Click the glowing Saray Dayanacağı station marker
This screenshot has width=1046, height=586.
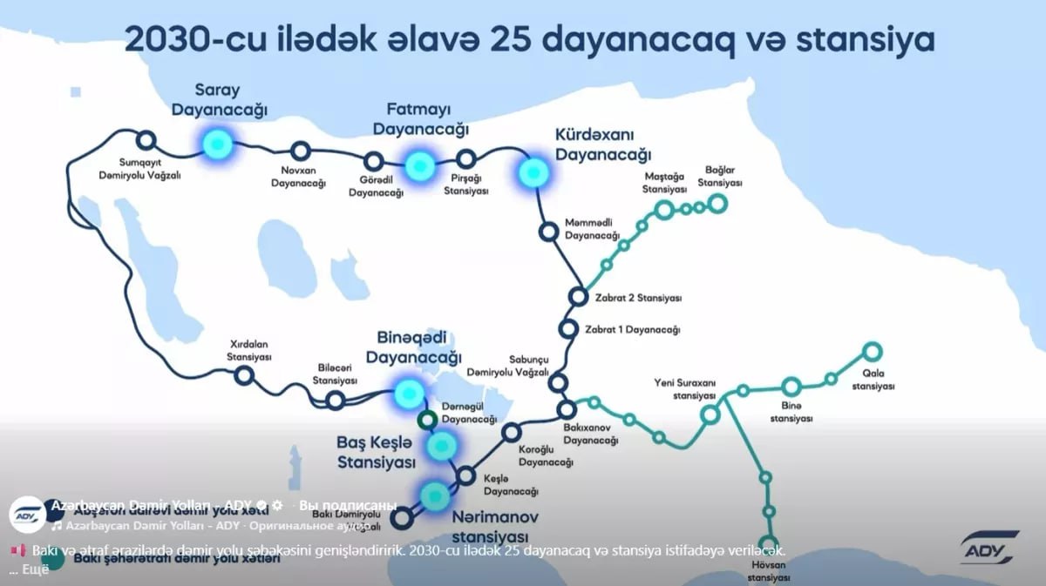(216, 142)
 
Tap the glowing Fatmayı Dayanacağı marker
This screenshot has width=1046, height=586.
(419, 164)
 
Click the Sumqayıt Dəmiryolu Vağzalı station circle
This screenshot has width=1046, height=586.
(146, 139)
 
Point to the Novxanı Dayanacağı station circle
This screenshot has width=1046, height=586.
(300, 151)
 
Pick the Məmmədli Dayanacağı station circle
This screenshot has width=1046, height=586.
(548, 231)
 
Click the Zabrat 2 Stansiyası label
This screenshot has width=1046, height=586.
(638, 298)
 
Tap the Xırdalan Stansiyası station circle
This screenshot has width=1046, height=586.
(245, 375)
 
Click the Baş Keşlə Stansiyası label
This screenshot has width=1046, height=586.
(376, 451)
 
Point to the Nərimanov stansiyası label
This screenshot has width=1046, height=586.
(494, 526)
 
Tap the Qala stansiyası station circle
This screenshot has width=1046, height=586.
(872, 352)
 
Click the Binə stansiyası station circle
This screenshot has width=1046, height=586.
(791, 387)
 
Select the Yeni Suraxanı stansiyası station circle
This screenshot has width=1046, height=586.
(710, 414)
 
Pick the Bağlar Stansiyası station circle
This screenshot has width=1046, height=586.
(717, 204)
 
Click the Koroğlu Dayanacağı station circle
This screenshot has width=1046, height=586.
(512, 431)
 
